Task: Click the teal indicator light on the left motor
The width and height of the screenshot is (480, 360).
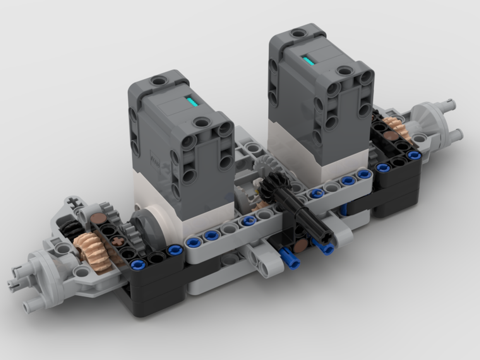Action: pos(192,102)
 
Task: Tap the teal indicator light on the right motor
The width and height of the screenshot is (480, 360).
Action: pos(308,60)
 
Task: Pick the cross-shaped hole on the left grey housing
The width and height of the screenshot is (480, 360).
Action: pos(73,202)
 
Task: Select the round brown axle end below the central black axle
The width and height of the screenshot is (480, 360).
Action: pos(300,246)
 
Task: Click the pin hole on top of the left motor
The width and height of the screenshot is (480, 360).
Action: pos(158,80)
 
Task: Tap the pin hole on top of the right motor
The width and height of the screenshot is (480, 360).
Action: pos(298,33)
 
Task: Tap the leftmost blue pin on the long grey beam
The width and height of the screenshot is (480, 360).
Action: pos(193,242)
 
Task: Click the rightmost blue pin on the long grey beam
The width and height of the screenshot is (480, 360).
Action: pos(364,174)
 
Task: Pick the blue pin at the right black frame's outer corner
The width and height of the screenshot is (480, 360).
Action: pos(414,156)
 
